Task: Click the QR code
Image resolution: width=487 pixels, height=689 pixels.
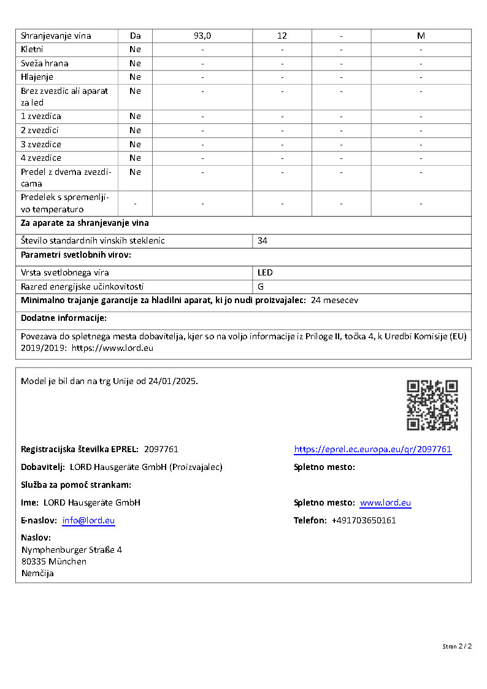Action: [x=432, y=405]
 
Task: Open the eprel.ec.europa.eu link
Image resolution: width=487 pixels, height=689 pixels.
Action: [x=372, y=449]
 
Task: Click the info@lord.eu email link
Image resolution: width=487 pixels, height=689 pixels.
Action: [x=88, y=520]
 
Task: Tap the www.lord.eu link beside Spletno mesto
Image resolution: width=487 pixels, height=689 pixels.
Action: [x=385, y=502]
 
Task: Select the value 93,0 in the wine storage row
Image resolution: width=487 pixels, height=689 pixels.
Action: [x=202, y=36]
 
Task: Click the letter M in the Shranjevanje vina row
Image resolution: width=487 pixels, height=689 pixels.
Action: [x=421, y=36]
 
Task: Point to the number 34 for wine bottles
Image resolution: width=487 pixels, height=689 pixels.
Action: [x=263, y=241]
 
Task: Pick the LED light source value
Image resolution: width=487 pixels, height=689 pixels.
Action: [x=265, y=272]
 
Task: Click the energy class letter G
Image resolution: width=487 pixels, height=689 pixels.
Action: [x=261, y=286]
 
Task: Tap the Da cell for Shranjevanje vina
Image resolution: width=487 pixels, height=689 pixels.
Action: [x=135, y=36]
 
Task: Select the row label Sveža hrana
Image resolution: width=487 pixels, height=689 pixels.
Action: [x=45, y=63]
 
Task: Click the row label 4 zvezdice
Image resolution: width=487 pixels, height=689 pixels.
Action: [x=41, y=158]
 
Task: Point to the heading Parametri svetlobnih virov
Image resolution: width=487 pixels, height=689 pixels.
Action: [x=76, y=255]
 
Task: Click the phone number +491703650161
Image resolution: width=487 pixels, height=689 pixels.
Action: [x=364, y=520]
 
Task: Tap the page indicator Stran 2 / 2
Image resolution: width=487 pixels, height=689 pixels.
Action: [x=457, y=646]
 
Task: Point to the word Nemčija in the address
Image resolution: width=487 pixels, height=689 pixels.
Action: [x=37, y=573]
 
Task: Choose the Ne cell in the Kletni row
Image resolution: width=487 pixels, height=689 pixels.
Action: [x=135, y=49]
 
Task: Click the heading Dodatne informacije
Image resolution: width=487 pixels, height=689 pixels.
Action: [x=64, y=318]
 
